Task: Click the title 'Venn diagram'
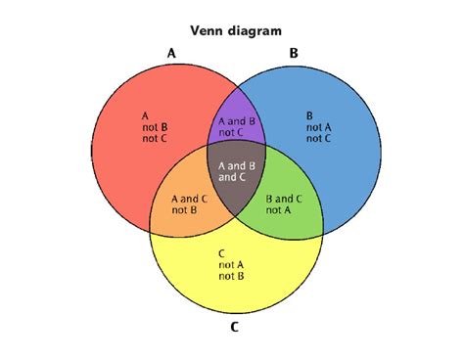pos(235,30)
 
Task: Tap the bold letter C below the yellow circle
pos(234,327)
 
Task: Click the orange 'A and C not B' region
pos(185,202)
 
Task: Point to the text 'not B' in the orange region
pos(185,209)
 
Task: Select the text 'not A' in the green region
pos(279,209)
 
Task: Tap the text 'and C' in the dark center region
pos(234,178)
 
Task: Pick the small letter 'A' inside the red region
pos(146,112)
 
